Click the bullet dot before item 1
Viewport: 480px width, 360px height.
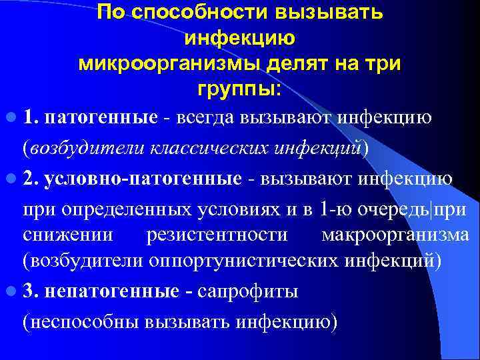tap(11, 119)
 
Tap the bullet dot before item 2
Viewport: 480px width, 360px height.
tap(11, 179)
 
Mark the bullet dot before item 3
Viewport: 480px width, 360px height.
tap(11, 292)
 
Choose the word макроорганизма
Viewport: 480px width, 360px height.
tap(395, 235)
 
